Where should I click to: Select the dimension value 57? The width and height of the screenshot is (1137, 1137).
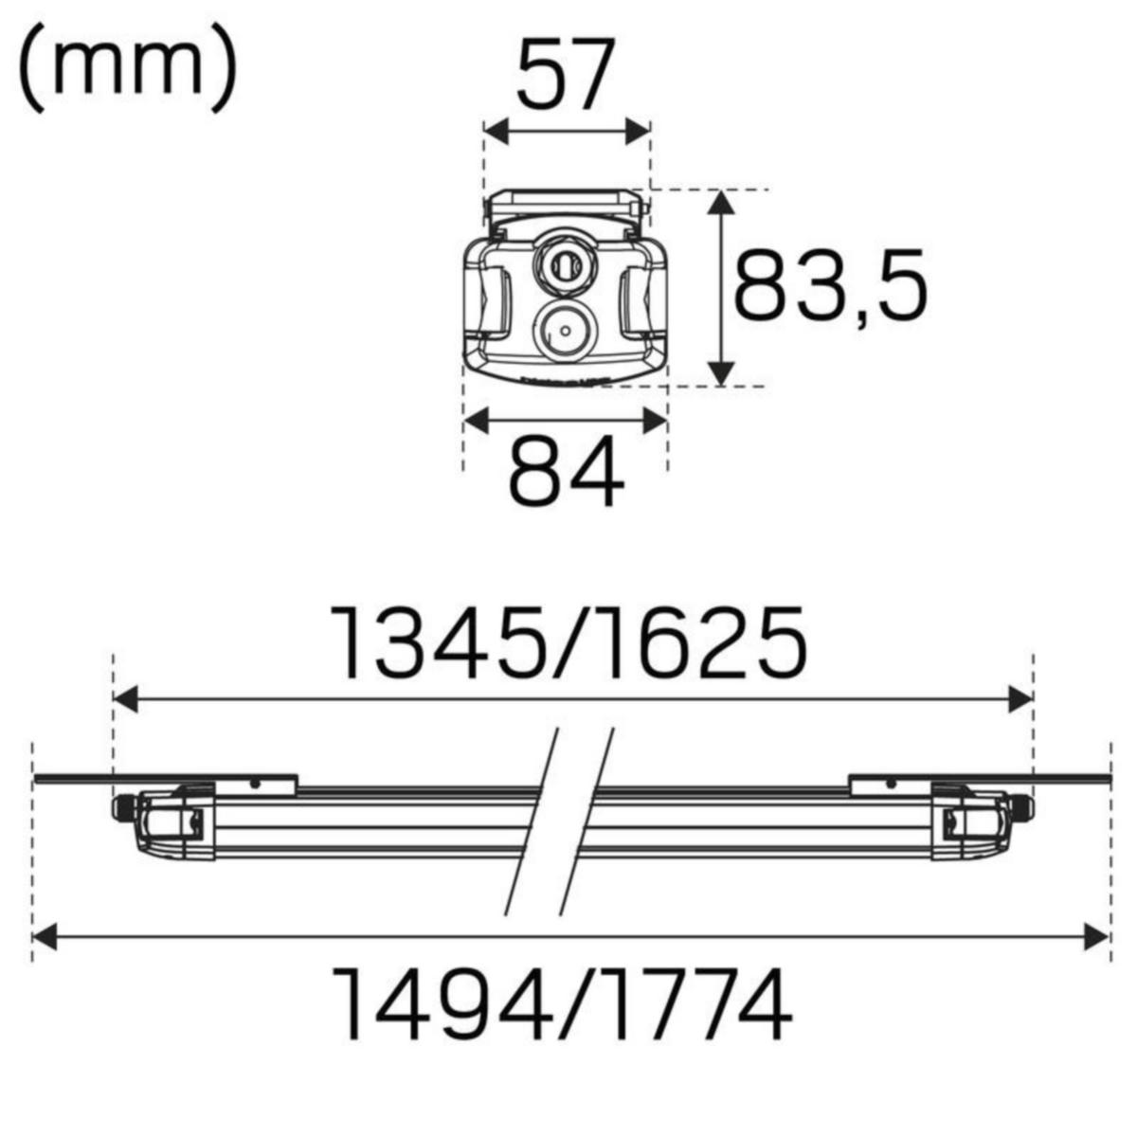pyautogui.click(x=566, y=76)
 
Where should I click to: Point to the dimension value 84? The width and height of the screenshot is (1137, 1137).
pyautogui.click(x=566, y=471)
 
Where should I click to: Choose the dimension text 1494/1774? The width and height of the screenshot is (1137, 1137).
pyautogui.click(x=566, y=1004)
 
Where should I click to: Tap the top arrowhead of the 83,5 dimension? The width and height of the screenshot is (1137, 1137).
pyautogui.click(x=722, y=202)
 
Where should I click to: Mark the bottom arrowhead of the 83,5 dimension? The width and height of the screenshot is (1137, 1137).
pyautogui.click(x=722, y=374)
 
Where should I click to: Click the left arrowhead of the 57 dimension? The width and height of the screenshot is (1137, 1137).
pyautogui.click(x=496, y=132)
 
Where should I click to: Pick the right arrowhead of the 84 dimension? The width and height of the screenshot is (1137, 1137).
pyautogui.click(x=656, y=421)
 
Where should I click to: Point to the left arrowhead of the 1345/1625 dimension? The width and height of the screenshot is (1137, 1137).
pyautogui.click(x=125, y=700)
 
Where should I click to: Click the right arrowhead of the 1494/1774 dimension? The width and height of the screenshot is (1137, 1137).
pyautogui.click(x=1096, y=938)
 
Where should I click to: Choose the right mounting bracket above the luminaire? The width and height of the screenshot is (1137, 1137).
pyautogui.click(x=891, y=785)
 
